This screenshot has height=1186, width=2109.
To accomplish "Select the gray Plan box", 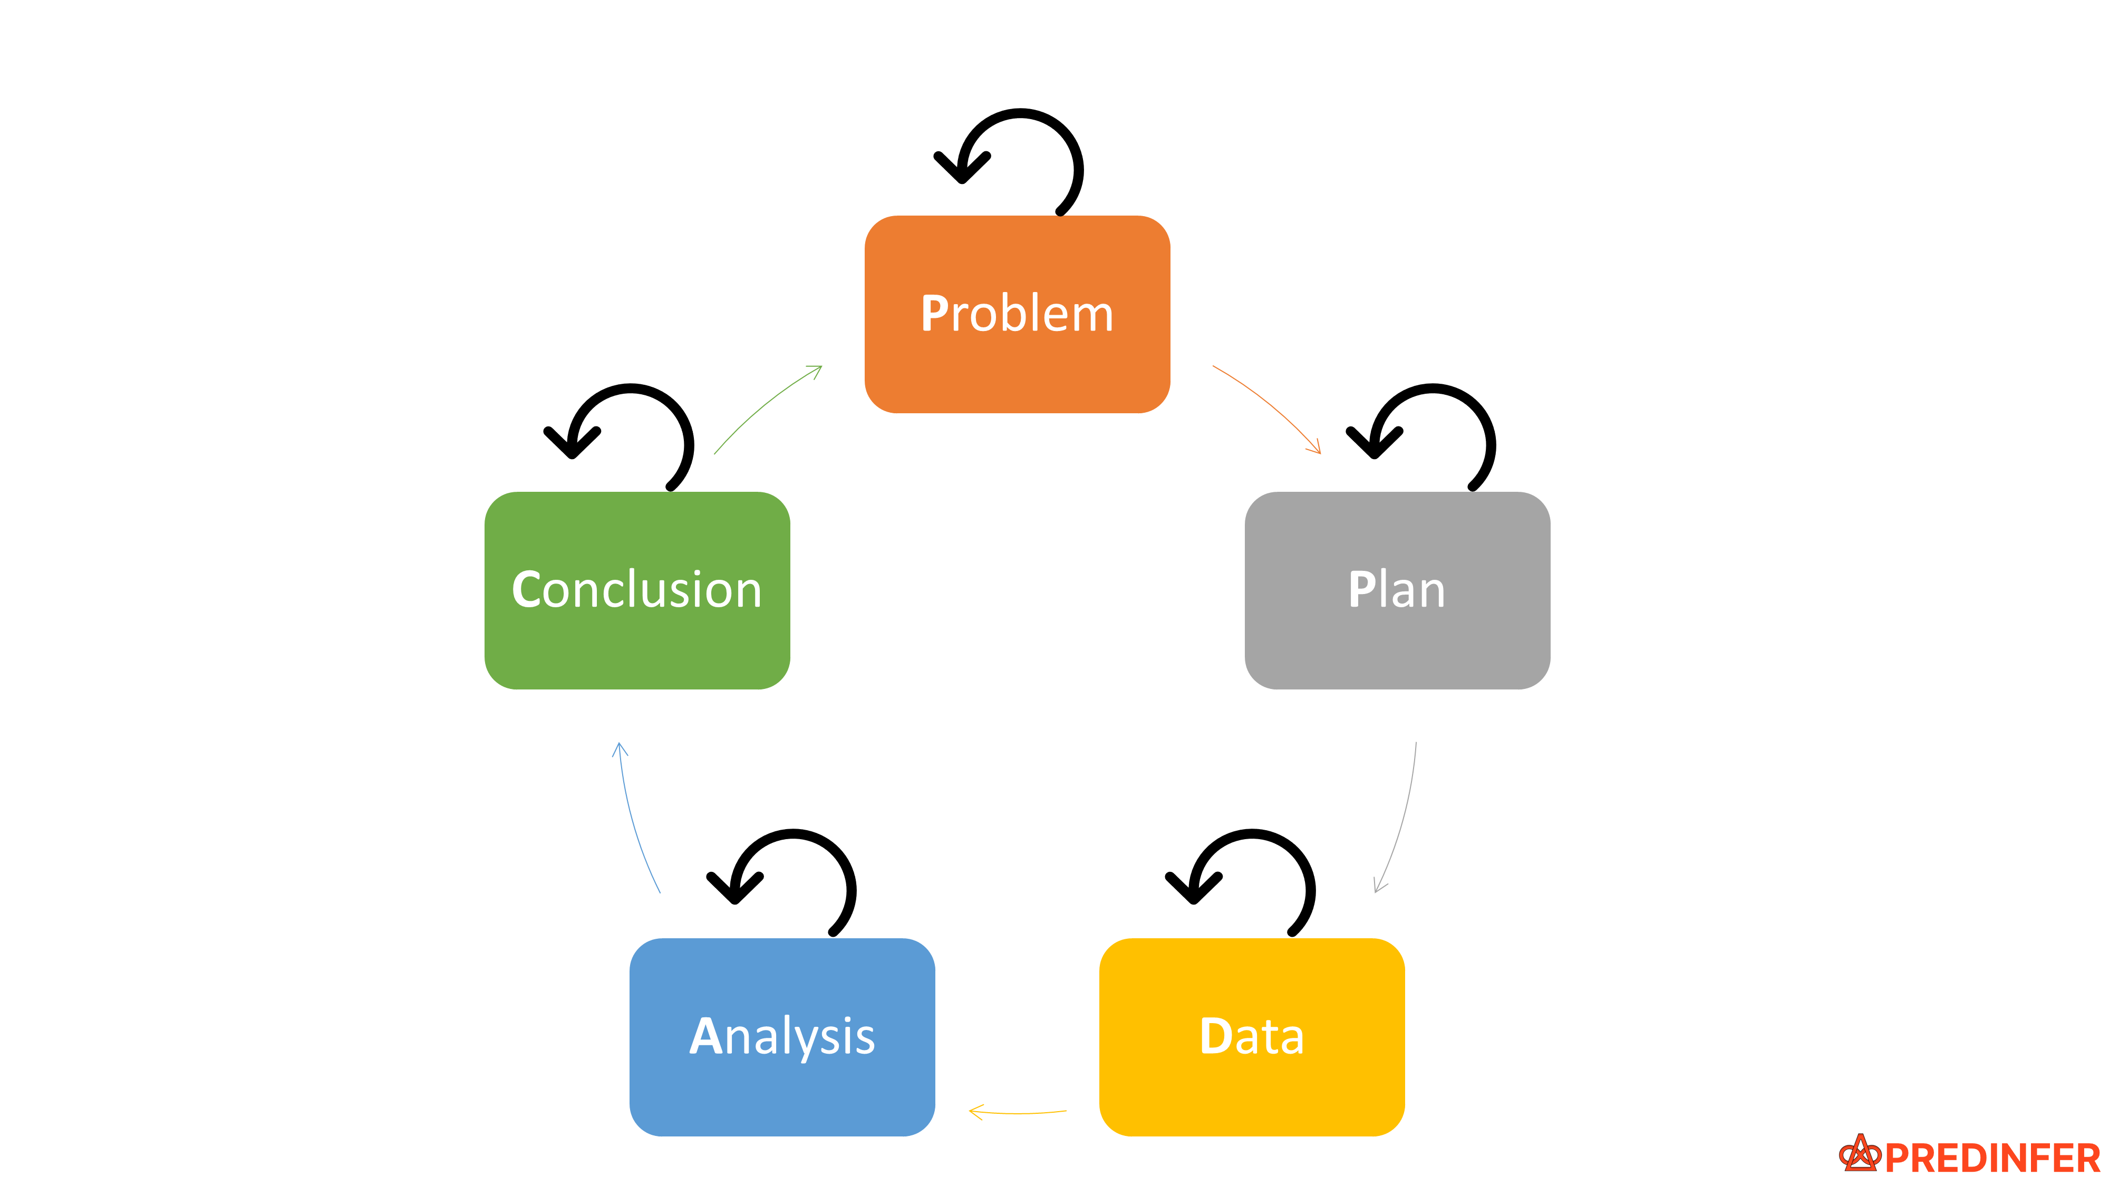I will pyautogui.click(x=1397, y=647).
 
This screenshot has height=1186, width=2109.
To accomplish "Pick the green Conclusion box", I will pyautogui.click(x=637, y=647).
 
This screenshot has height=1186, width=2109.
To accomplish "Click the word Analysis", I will pyautogui.click(x=782, y=1037).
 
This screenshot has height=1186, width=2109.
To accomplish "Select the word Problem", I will pyautogui.click(x=1017, y=314).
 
